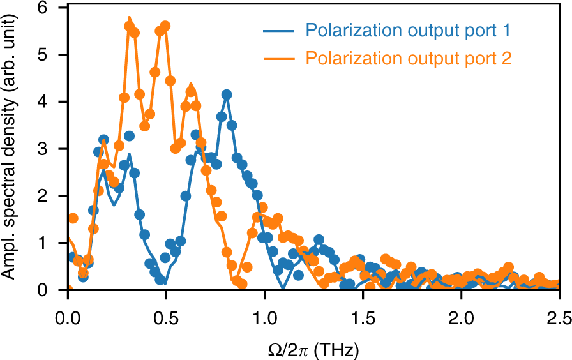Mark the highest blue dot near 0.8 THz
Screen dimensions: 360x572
[x=227, y=94]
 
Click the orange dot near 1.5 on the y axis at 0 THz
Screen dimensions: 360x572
[x=73, y=218]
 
